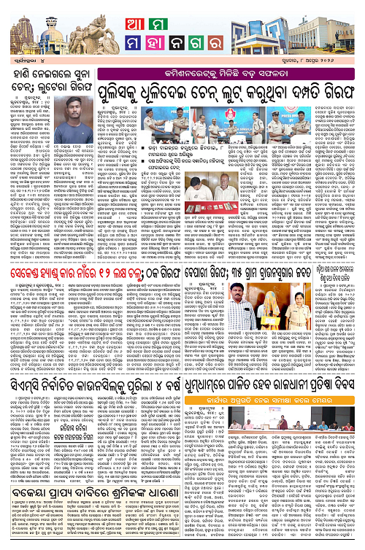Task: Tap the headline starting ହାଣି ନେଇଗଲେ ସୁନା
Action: (58, 98)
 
